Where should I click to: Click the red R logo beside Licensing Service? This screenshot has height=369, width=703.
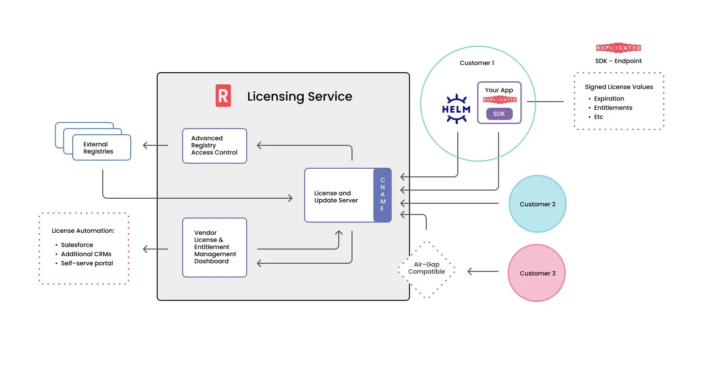tap(223, 96)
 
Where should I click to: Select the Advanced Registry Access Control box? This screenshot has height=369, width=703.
tap(214, 145)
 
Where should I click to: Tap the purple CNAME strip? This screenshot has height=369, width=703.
tap(383, 195)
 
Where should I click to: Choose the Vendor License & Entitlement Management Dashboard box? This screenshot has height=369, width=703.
tap(214, 247)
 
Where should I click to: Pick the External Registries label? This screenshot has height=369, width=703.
tap(98, 148)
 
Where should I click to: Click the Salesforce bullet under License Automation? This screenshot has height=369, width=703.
tap(77, 245)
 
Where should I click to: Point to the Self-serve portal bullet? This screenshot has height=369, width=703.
tap(86, 263)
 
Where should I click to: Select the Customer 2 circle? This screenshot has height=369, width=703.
tap(538, 204)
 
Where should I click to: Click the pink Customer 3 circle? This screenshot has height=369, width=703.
tap(537, 273)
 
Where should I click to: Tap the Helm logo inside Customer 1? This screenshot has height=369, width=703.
tap(456, 109)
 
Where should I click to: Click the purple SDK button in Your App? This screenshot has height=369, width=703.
tap(499, 114)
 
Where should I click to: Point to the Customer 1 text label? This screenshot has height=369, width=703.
tap(477, 63)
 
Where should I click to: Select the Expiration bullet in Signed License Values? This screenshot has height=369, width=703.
tap(609, 99)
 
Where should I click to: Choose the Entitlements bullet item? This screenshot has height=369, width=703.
tap(613, 108)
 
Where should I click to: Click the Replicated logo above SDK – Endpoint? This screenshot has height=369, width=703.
tap(618, 48)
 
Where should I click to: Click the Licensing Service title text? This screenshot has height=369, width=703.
tap(300, 97)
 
